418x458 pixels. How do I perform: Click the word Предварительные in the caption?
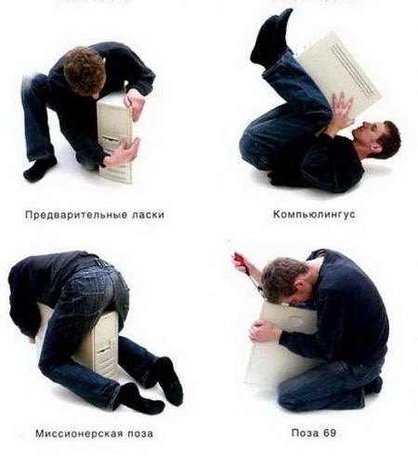click(x=69, y=213)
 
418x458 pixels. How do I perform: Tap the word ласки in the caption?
click(x=145, y=213)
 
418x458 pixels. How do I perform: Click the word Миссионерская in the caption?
click(x=72, y=434)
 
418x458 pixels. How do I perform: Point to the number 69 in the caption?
click(x=331, y=434)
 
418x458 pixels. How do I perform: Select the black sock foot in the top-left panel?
click(x=39, y=168)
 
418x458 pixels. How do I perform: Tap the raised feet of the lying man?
click(x=270, y=37)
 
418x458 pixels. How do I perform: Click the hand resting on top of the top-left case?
click(x=135, y=103)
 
